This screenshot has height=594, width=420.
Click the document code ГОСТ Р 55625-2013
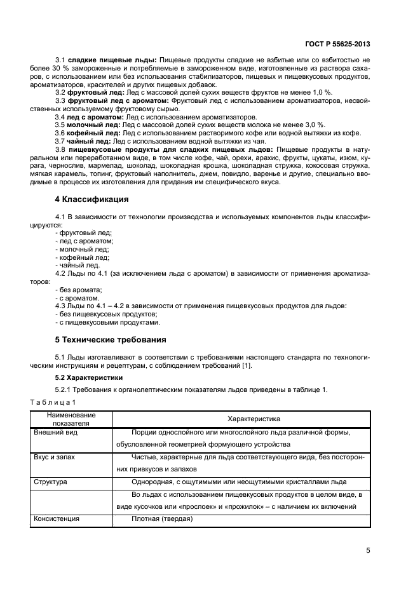336,44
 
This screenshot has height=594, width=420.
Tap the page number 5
368,550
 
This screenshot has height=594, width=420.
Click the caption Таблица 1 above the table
53,402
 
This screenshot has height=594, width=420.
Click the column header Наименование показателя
71,418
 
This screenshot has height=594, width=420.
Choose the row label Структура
50,482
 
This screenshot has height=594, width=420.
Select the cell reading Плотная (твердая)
162,519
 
